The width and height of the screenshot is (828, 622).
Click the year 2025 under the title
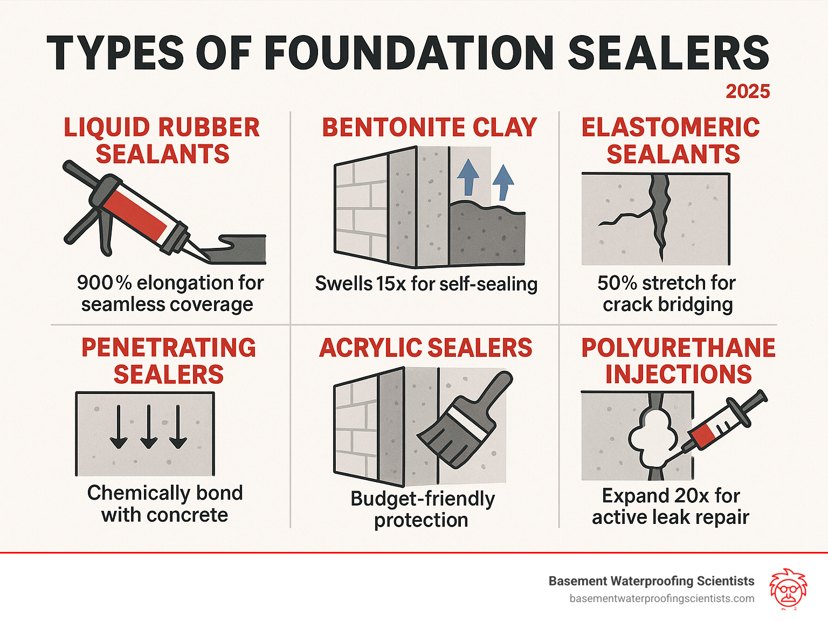click(748, 91)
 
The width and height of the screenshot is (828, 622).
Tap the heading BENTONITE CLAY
click(429, 128)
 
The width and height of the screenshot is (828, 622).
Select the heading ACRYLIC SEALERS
click(425, 348)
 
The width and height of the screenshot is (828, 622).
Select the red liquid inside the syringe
click(703, 433)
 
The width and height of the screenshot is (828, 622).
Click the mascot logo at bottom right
click(788, 589)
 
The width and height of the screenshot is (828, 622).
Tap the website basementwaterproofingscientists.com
click(661, 599)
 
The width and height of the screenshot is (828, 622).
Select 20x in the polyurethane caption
click(692, 495)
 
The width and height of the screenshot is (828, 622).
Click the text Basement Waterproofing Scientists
click(651, 581)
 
